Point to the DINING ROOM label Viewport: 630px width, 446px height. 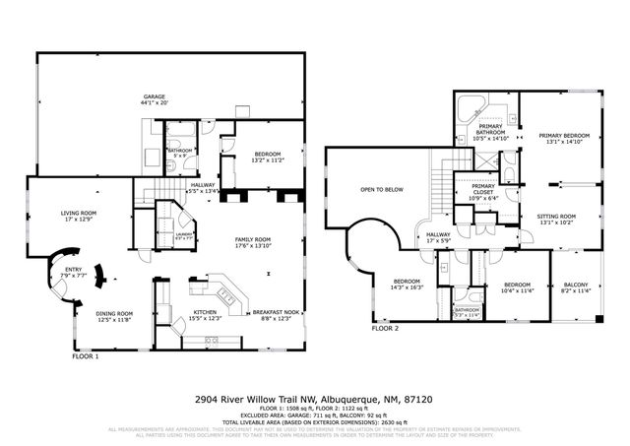(114, 313)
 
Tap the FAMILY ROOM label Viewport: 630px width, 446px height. (254, 239)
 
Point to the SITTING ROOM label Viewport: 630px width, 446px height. (557, 216)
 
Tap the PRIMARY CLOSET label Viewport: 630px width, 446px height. (483, 187)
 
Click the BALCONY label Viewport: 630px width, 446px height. (574, 284)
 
